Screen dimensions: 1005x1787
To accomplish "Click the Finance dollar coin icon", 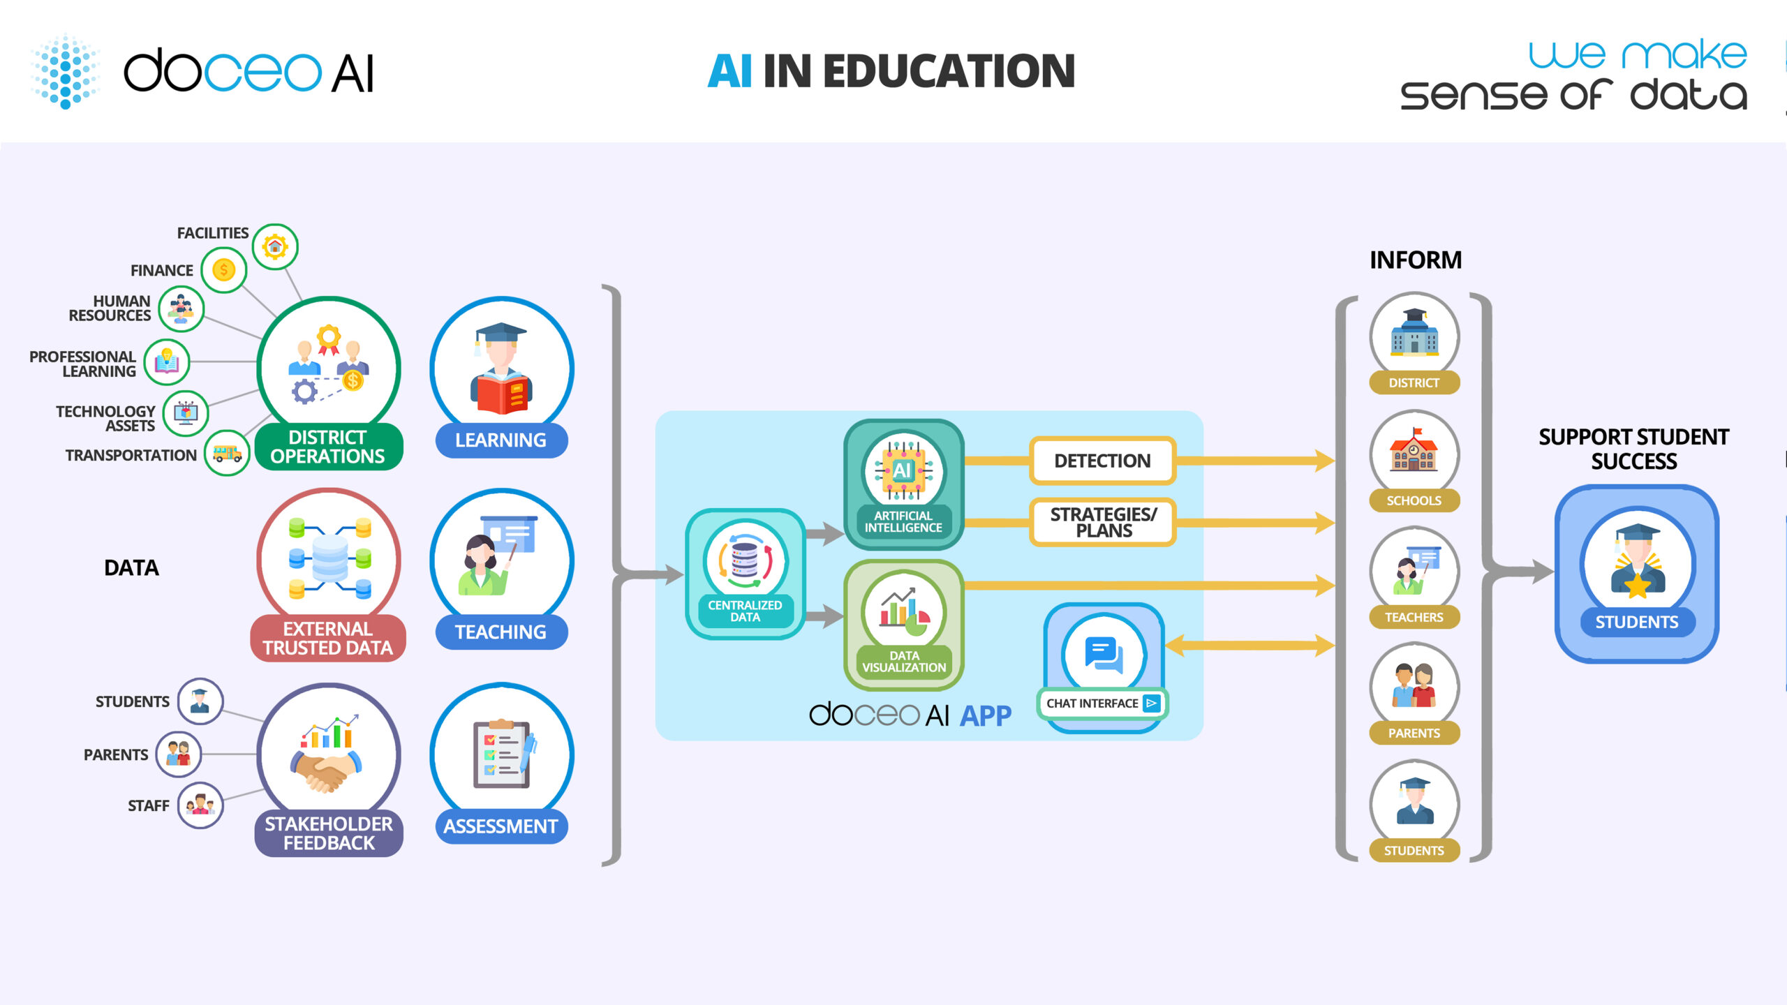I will (223, 269).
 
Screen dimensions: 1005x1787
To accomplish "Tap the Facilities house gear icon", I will (275, 246).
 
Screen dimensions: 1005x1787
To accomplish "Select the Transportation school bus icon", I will (227, 454).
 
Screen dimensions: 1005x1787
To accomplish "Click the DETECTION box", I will (1102, 461).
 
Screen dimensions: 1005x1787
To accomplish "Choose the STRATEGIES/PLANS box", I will (1103, 522).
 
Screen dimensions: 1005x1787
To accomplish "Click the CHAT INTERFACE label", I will (1093, 703).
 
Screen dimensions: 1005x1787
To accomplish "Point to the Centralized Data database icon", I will (745, 560).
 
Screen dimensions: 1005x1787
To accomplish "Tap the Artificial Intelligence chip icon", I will (903, 470).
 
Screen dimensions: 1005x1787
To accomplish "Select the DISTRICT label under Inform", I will (1414, 382).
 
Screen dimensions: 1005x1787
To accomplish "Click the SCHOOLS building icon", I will (1414, 452).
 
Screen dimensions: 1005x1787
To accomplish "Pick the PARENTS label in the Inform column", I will (1414, 733).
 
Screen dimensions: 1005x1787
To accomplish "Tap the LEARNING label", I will (500, 440).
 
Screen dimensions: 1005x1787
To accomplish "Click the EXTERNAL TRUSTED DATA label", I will (327, 638).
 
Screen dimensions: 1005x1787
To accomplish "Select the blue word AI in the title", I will (729, 71).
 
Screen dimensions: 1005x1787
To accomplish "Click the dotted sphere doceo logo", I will (66, 71).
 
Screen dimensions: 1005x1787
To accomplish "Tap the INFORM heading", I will (1415, 260).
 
